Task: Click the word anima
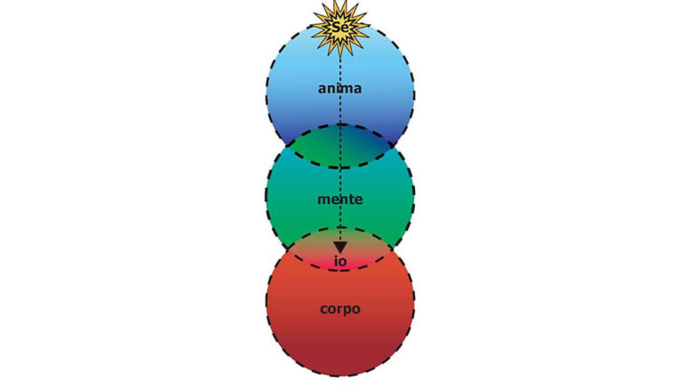click(340, 89)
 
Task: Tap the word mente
click(340, 200)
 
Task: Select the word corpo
click(340, 310)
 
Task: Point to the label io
click(340, 261)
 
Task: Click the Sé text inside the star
click(340, 27)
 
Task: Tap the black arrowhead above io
click(340, 248)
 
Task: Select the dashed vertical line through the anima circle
click(340, 91)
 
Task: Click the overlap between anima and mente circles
click(340, 146)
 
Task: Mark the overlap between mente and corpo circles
click(340, 249)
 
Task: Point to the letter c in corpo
click(323, 310)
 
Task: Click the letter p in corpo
click(348, 311)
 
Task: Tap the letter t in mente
click(351, 199)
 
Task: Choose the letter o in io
click(343, 263)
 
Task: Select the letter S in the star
click(337, 28)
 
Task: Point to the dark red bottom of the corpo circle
click(340, 355)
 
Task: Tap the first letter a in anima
click(322, 90)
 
